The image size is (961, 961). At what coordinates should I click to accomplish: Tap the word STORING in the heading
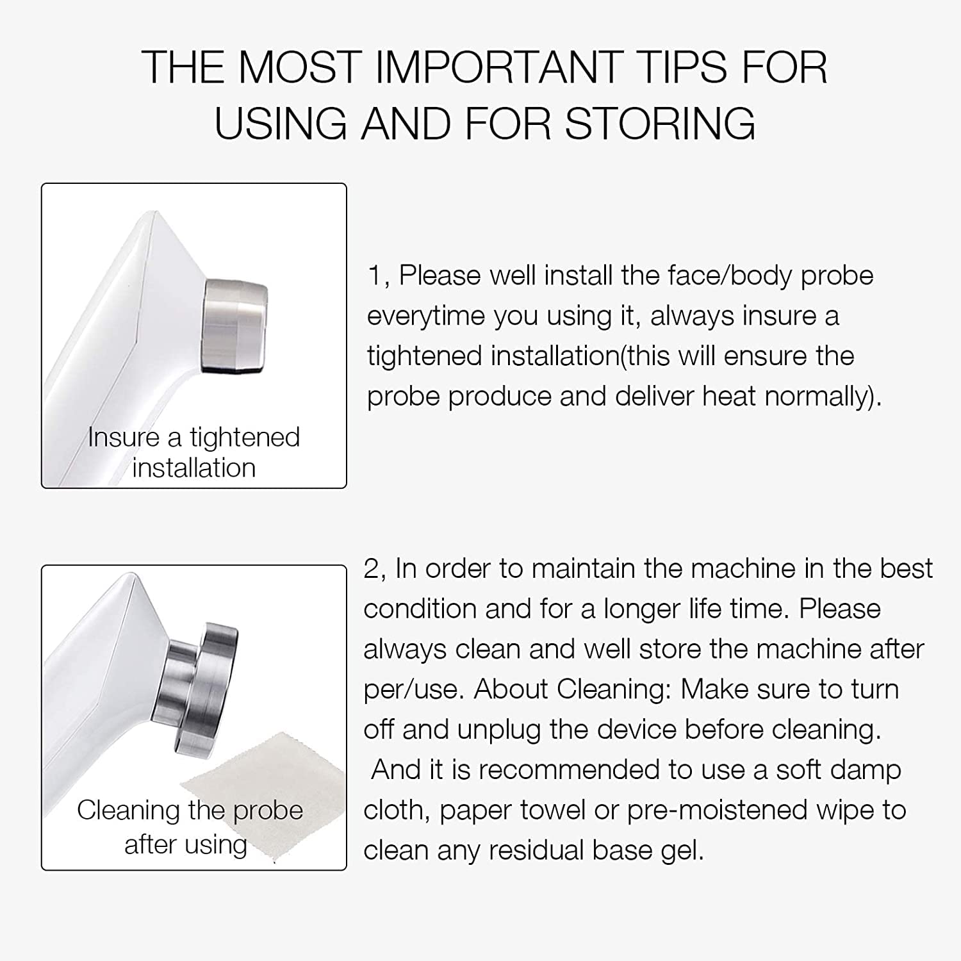(x=660, y=123)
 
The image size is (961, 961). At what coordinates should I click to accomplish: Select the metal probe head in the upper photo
(x=234, y=325)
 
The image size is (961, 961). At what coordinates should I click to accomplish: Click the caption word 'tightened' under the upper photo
(x=245, y=438)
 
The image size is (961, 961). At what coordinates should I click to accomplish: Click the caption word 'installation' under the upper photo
(x=194, y=468)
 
